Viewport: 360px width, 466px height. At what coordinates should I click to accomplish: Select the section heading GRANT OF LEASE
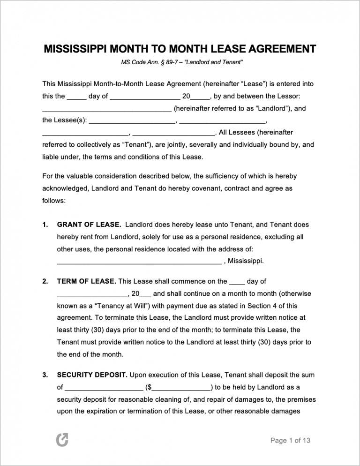pyautogui.click(x=89, y=225)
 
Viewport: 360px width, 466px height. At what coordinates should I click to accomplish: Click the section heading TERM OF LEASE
pyautogui.click(x=86, y=281)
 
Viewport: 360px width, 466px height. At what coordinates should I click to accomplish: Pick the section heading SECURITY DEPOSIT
pyautogui.click(x=92, y=375)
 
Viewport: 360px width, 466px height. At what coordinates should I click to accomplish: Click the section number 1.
pyautogui.click(x=45, y=225)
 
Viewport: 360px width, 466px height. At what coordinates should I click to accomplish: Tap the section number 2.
pyautogui.click(x=45, y=281)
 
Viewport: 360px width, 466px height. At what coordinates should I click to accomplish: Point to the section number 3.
pyautogui.click(x=45, y=375)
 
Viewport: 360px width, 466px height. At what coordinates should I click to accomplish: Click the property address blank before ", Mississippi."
pyautogui.click(x=139, y=261)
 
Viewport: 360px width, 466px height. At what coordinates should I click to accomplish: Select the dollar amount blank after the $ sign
pyautogui.click(x=181, y=387)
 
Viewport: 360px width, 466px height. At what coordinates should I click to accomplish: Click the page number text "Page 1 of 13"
pyautogui.click(x=291, y=440)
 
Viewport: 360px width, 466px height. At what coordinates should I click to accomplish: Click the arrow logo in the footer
pyautogui.click(x=62, y=440)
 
